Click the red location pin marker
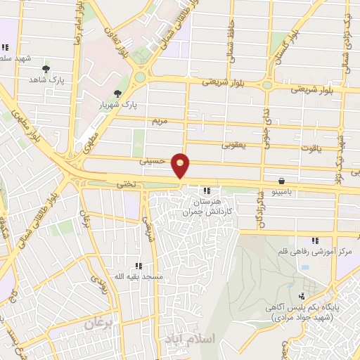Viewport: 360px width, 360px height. (181, 165)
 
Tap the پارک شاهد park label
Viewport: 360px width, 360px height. (46, 81)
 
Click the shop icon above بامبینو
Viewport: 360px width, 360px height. (281, 180)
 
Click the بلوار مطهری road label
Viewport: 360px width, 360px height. (24, 125)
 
